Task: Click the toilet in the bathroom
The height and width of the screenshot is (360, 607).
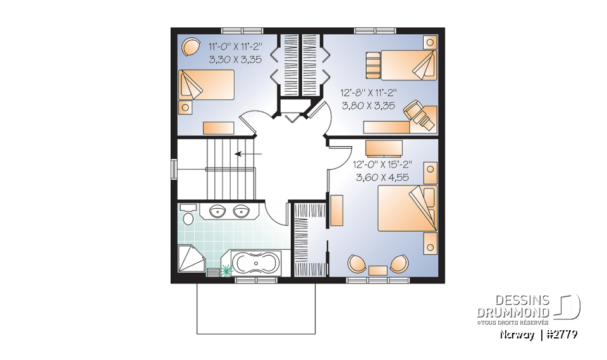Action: [188, 216]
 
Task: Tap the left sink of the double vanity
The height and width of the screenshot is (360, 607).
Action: [216, 211]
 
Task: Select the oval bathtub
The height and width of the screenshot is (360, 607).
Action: [255, 263]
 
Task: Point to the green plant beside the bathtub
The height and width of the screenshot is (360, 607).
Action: [226, 271]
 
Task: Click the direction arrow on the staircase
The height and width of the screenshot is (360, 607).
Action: [249, 154]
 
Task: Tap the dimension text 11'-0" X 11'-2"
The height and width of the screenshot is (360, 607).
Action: [235, 47]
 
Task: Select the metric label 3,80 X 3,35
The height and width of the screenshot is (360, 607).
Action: [368, 106]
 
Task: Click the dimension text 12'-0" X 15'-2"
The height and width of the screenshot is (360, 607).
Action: [383, 164]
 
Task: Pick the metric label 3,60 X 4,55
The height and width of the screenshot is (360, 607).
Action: [383, 178]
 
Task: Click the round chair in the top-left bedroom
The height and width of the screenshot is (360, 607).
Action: [191, 47]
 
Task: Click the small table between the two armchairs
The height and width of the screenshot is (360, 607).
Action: [378, 270]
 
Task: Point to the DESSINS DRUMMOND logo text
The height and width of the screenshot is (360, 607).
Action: [513, 306]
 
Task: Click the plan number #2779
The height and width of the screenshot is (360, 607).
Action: [561, 335]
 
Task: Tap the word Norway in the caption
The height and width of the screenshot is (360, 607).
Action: [517, 335]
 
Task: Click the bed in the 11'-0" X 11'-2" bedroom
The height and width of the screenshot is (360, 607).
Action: [206, 85]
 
